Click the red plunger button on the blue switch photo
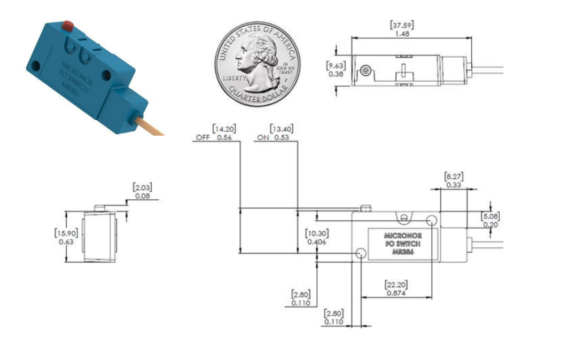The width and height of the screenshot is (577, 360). [68, 25]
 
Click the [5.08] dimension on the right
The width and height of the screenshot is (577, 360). [490, 216]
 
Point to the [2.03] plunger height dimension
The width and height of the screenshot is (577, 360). [142, 187]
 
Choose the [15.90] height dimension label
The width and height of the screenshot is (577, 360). [65, 232]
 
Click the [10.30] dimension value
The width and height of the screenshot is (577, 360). [316, 233]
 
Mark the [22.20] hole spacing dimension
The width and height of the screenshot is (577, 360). [396, 284]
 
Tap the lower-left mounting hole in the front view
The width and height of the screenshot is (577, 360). [360, 253]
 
